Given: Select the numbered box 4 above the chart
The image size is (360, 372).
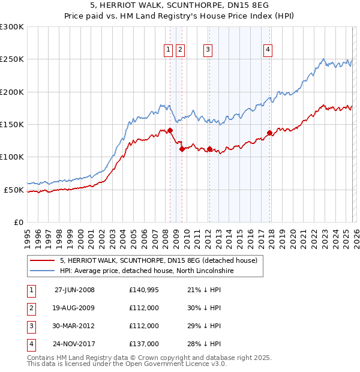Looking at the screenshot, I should coord(268,50).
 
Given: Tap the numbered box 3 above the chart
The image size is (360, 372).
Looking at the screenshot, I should coord(208,50).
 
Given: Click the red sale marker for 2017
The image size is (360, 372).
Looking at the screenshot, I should coord(269,133).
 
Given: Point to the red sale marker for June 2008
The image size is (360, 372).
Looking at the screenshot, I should coord(170,130).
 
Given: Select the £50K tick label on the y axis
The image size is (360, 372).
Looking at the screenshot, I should coord(14,190).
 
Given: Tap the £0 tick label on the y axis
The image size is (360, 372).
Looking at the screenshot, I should coord(17,223).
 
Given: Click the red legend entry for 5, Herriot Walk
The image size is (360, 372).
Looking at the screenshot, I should coord(158,260).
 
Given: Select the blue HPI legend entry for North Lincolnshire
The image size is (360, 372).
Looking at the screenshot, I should coord(146,271).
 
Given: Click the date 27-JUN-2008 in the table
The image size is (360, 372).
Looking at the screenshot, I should coord(74,290).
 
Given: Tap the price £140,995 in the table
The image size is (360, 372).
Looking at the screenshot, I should coord(144,290).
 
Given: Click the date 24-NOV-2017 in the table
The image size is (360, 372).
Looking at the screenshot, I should coord(74,344).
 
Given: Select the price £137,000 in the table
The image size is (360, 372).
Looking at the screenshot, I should coord(144,344).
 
